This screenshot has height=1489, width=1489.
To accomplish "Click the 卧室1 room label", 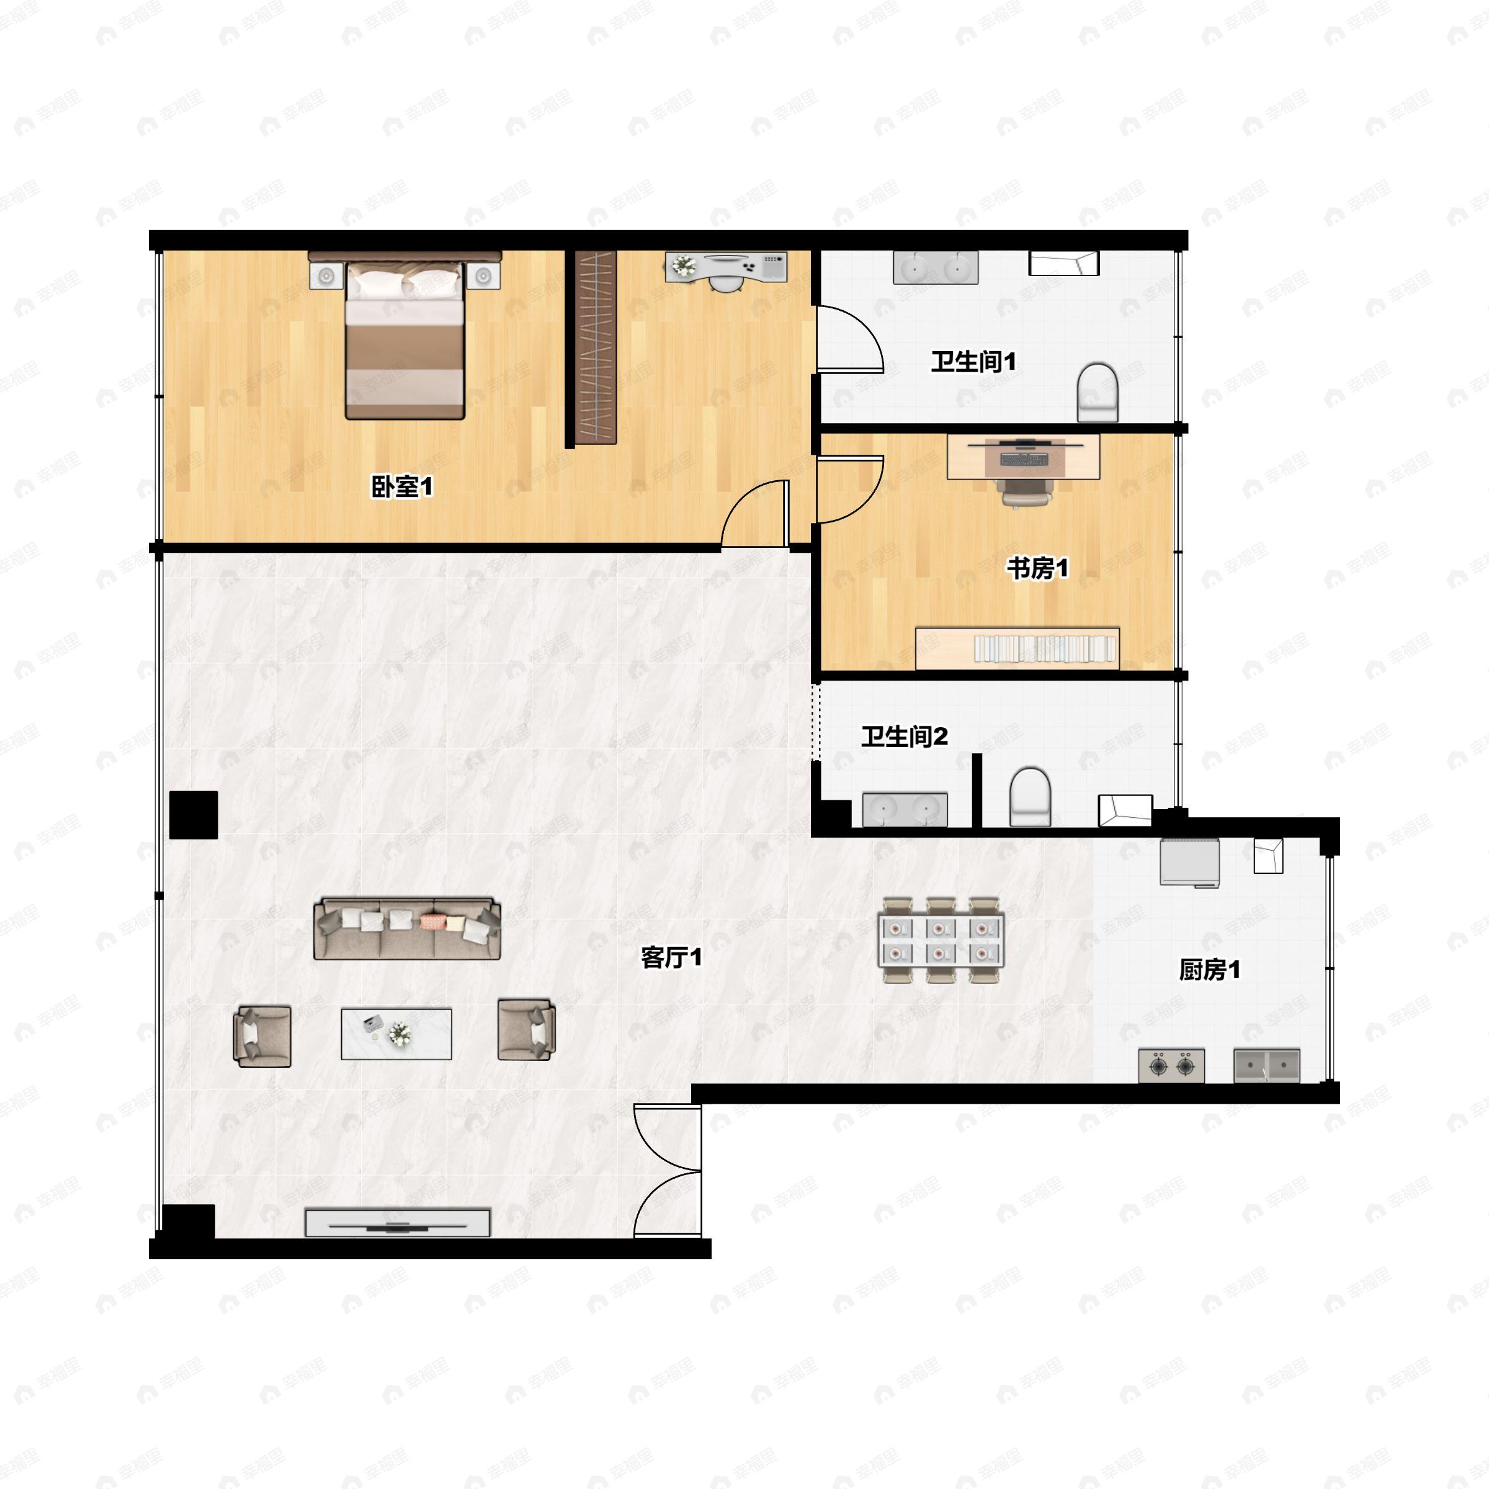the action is tap(402, 486).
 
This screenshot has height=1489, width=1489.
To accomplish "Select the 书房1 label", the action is tap(1037, 568).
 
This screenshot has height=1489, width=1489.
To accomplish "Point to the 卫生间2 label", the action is tap(904, 736).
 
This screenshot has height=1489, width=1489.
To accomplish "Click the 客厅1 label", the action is tap(671, 957).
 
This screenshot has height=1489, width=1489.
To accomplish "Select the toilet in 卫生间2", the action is tap(1031, 796).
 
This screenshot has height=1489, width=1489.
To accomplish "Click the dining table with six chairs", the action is tap(941, 941).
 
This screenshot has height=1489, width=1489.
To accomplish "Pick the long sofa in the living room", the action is tap(407, 928).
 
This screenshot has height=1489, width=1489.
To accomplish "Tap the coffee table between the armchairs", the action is tap(396, 1034).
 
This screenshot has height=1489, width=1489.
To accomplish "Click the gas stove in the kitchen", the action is tap(1171, 1066).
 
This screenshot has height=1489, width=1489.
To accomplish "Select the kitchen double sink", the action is tap(1266, 1066).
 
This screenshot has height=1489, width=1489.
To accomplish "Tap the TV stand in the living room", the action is tap(398, 1223).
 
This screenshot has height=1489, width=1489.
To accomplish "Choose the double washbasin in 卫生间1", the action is tap(936, 267).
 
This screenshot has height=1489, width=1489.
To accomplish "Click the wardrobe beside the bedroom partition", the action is tap(596, 347).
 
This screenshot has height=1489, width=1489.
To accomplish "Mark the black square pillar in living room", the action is tap(194, 815).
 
